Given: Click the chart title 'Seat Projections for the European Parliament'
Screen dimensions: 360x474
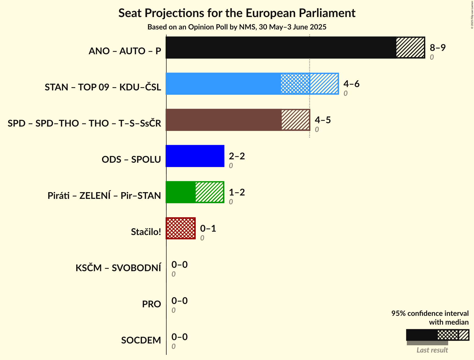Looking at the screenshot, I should click(237, 13).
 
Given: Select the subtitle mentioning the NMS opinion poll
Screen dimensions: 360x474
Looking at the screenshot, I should click(237, 27).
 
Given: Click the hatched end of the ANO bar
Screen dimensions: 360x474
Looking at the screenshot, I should click(410, 48).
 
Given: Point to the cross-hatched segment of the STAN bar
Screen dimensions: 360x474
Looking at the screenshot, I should click(295, 84).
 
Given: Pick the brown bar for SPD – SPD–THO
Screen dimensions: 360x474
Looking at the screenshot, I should click(224, 120).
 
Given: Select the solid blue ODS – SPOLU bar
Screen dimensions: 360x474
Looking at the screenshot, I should click(195, 156).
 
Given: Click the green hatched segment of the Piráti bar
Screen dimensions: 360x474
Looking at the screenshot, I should click(209, 192).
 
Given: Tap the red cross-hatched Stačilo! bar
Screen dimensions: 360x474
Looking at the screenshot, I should click(181, 228).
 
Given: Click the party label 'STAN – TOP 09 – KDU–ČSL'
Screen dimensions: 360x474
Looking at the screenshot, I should click(103, 87).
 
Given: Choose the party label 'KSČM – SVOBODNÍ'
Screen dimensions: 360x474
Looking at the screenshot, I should click(118, 268).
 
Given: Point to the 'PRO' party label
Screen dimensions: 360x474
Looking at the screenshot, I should click(151, 304).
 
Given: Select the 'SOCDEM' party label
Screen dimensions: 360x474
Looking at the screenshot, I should click(141, 340).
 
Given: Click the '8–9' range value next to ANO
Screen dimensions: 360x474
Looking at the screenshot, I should click(438, 48).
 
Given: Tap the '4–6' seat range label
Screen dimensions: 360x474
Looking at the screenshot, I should click(351, 84).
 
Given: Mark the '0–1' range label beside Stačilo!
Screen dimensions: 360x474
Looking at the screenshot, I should click(208, 229).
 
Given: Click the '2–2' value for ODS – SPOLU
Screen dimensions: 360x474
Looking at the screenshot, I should click(237, 156).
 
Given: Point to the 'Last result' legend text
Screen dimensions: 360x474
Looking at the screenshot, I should click(432, 350).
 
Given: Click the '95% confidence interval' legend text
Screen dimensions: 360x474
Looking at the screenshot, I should click(430, 314).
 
